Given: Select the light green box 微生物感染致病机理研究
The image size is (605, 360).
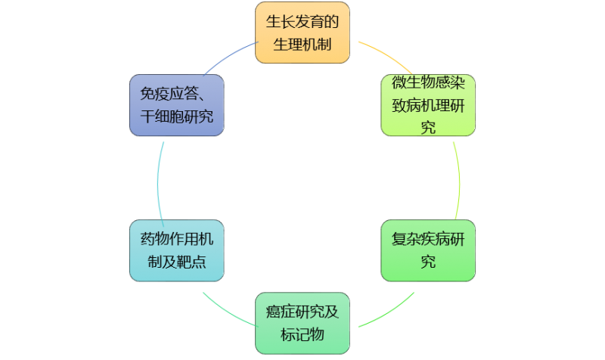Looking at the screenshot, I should point(428,105).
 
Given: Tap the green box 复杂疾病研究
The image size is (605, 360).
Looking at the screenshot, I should point(428,250).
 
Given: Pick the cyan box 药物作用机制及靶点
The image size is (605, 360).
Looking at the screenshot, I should point(176,250).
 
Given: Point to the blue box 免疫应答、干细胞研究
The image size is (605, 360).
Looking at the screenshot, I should point(176,105).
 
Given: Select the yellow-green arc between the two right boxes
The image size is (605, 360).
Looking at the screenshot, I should point(460,178).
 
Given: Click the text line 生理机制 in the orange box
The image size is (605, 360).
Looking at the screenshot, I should point(302,45).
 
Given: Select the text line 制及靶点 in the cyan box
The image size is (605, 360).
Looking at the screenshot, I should point(176,262).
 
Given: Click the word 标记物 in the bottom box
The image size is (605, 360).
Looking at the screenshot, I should point(302,334).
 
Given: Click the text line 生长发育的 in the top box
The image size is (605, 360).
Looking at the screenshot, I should point(302,20).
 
